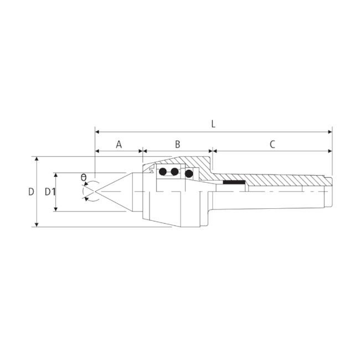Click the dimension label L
(x=213, y=124)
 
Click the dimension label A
(x=119, y=145)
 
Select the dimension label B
(x=178, y=145)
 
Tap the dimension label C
(x=272, y=145)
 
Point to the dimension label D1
(x=50, y=192)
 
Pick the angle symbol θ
(x=84, y=178)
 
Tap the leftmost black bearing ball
(x=163, y=172)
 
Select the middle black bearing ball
(x=175, y=172)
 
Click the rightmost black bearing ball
(x=189, y=174)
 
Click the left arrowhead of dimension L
(x=97, y=132)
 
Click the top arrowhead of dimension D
(x=37, y=159)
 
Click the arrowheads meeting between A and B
(x=143, y=151)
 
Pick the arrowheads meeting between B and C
(x=213, y=151)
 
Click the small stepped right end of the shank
(x=329, y=192)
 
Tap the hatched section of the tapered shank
(x=282, y=180)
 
